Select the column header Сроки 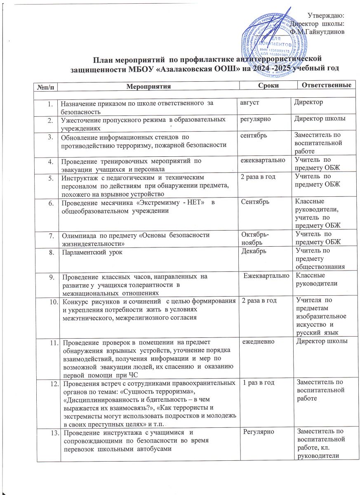pyautogui.click(x=268, y=85)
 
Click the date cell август pyautogui.click(x=250, y=101)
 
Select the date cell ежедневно pyautogui.click(x=259, y=341)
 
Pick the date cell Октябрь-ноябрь pyautogui.click(x=253, y=238)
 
